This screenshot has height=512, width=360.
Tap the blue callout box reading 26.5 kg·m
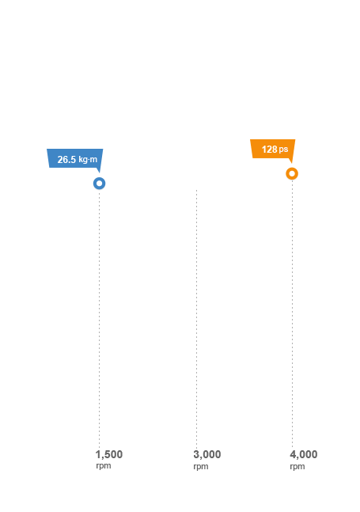pyautogui.click(x=74, y=159)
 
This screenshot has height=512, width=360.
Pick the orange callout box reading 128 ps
pyautogui.click(x=273, y=149)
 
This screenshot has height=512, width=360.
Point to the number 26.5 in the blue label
pyautogui.click(x=66, y=160)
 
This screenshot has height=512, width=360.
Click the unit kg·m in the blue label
pyautogui.click(x=88, y=160)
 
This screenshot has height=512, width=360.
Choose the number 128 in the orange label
pyautogui.click(x=269, y=150)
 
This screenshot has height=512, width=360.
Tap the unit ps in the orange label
pyautogui.click(x=283, y=150)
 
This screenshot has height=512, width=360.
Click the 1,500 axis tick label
pyautogui.click(x=109, y=454)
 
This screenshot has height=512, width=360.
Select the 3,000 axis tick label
pyautogui.click(x=207, y=454)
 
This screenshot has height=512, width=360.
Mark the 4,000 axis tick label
pyautogui.click(x=304, y=454)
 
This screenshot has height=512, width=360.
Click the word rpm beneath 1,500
pyautogui.click(x=104, y=465)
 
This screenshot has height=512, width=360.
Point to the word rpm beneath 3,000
pyautogui.click(x=201, y=466)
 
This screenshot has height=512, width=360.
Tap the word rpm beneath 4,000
pyautogui.click(x=297, y=466)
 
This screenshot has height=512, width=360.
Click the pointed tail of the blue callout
pyautogui.click(x=100, y=173)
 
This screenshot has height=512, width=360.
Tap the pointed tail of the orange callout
pyautogui.click(x=291, y=162)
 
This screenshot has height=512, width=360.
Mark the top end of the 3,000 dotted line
pyautogui.click(x=196, y=190)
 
